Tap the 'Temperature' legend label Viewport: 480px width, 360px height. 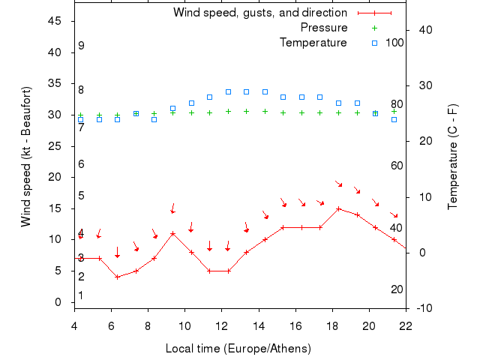click(x=313, y=43)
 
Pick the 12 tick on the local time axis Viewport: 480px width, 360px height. click(x=221, y=325)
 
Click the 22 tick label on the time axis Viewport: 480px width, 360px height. click(x=406, y=325)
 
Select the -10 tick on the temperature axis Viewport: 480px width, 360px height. click(x=423, y=308)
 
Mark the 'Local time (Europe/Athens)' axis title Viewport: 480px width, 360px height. click(x=238, y=349)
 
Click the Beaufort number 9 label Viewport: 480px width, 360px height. click(x=81, y=46)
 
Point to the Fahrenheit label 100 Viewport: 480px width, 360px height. click(x=395, y=43)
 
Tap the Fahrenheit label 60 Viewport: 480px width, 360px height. click(x=397, y=166)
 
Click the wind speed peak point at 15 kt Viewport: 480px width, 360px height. click(x=339, y=208)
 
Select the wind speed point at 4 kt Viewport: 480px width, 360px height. click(x=117, y=277)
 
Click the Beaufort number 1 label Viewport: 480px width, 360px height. click(x=81, y=295)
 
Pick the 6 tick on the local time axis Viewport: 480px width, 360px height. click(x=111, y=325)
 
